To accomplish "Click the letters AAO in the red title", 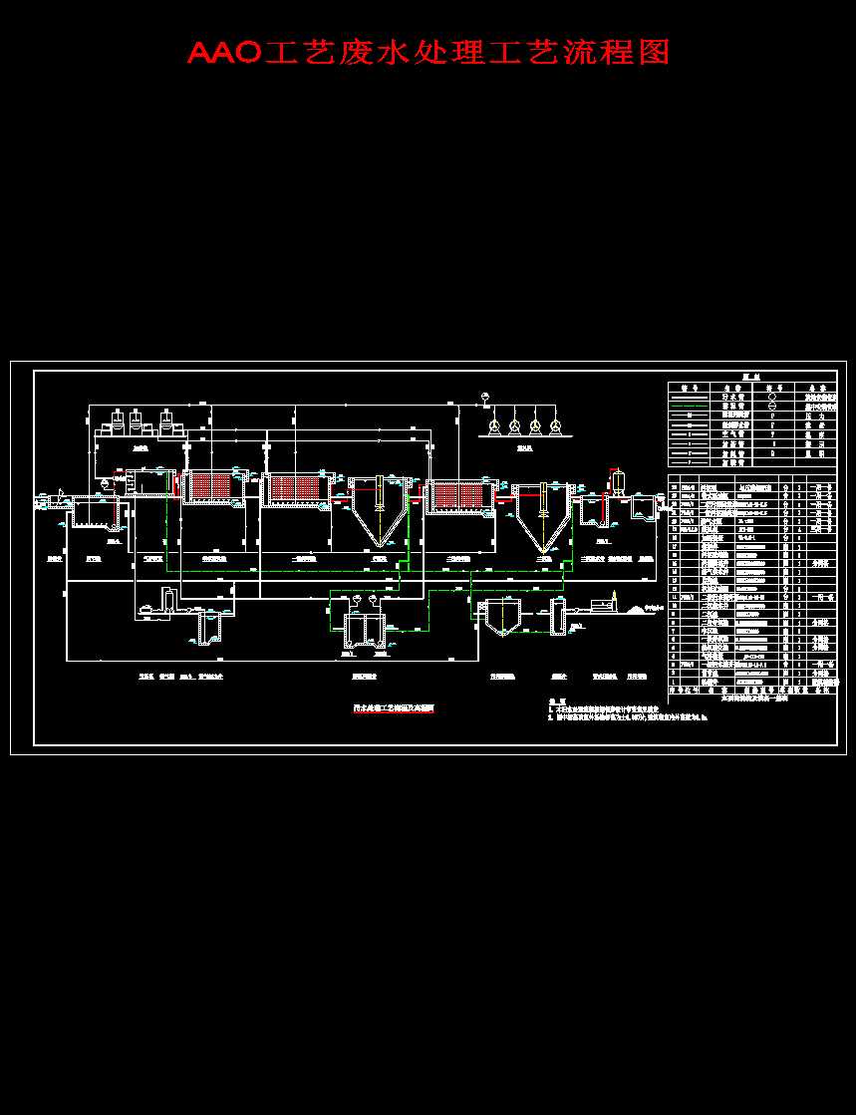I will pos(224,53).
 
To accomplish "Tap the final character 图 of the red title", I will pos(654,53).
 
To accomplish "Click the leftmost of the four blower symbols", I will pos(492,426).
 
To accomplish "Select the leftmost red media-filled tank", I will pos(213,487).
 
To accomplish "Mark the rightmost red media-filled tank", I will pos(458,495).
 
